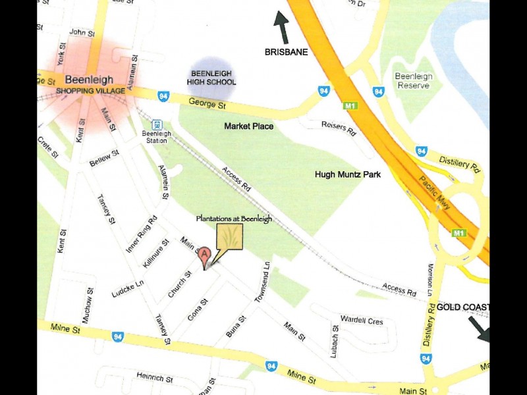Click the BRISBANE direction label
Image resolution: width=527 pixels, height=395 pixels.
click(286, 52)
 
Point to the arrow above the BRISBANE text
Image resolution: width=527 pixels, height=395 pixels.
click(282, 28)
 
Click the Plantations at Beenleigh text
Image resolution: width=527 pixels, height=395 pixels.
click(234, 219)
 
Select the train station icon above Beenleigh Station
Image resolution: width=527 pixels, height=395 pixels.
click(157, 124)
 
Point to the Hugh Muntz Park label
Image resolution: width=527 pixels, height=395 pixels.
click(348, 174)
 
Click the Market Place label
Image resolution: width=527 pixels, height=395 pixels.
click(248, 126)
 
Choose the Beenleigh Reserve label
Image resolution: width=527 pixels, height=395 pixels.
click(414, 81)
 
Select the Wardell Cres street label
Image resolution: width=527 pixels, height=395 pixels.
click(362, 321)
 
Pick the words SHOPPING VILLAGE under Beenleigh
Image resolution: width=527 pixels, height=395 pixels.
click(88, 92)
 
